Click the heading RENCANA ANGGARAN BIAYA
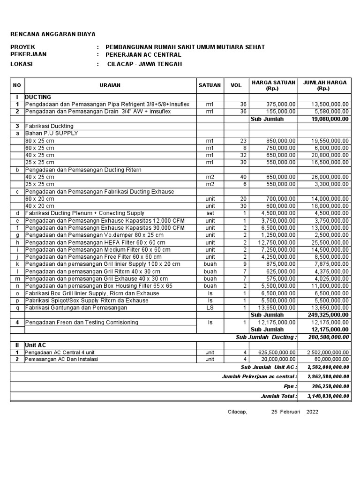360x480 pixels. pos(52,34)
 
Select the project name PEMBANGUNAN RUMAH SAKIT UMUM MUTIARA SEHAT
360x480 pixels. pos(185,47)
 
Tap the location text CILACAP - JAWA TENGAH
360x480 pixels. pos(144,64)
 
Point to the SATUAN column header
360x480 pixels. pos(210,85)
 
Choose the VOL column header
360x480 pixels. pos(236,85)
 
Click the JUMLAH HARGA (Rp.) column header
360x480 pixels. pos(325,85)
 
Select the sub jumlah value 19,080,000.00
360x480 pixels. pos(329,119)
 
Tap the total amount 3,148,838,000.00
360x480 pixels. pos(328,396)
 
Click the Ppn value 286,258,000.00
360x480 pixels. pos(330,386)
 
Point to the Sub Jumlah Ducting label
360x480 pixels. pos(266,337)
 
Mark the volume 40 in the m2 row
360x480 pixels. pos(243,177)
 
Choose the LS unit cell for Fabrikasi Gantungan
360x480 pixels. pos(210,307)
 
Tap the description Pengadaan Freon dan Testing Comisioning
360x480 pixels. pos(82,322)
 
